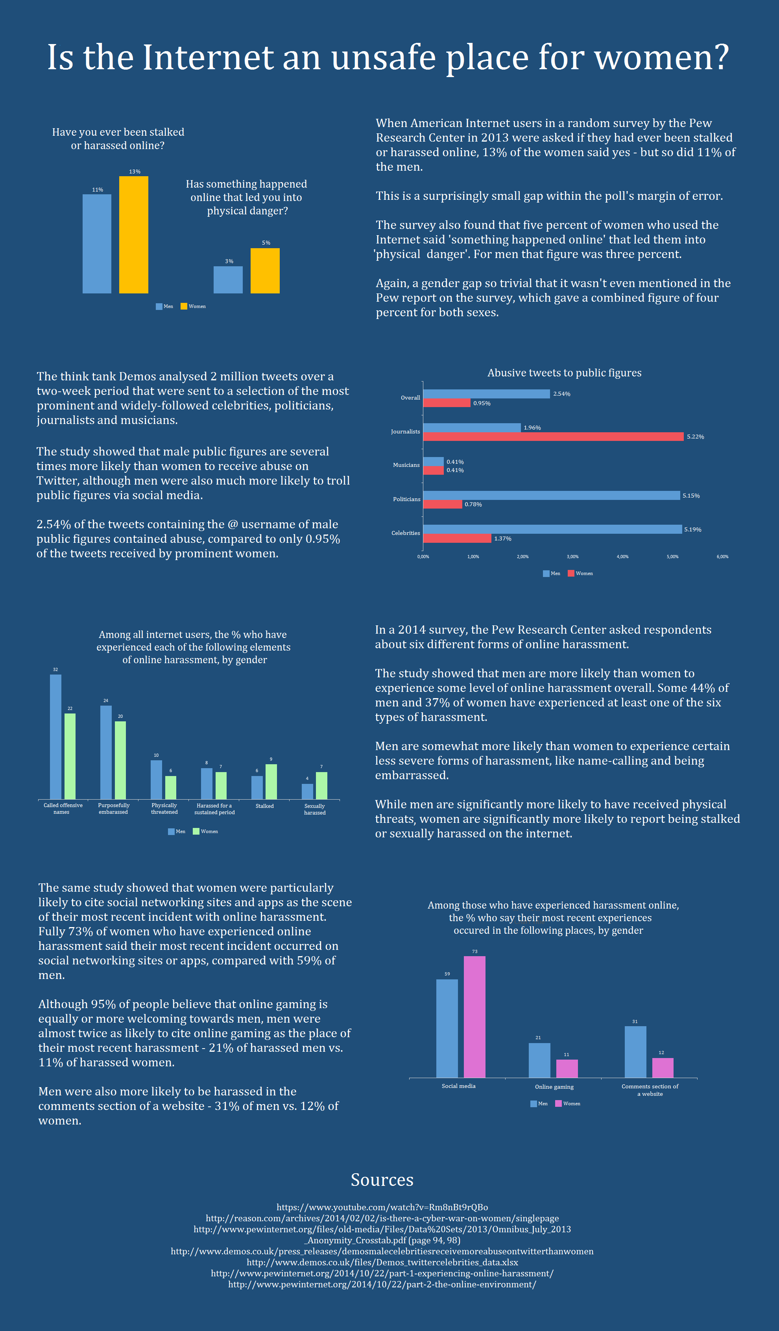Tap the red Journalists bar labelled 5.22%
(x=553, y=437)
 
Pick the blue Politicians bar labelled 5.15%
(x=551, y=496)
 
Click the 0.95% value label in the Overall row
(x=482, y=404)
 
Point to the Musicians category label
(x=406, y=465)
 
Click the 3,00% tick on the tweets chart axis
(x=572, y=557)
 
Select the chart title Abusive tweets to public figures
(x=564, y=373)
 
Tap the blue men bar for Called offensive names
(x=55, y=737)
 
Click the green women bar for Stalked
(x=271, y=782)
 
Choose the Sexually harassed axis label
(x=314, y=809)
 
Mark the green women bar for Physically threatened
(x=171, y=787)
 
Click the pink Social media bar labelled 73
(x=474, y=1017)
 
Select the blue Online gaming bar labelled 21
(x=539, y=1060)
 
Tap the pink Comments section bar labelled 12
(x=663, y=1067)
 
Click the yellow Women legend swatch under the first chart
(x=184, y=306)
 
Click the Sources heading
(x=382, y=1180)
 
